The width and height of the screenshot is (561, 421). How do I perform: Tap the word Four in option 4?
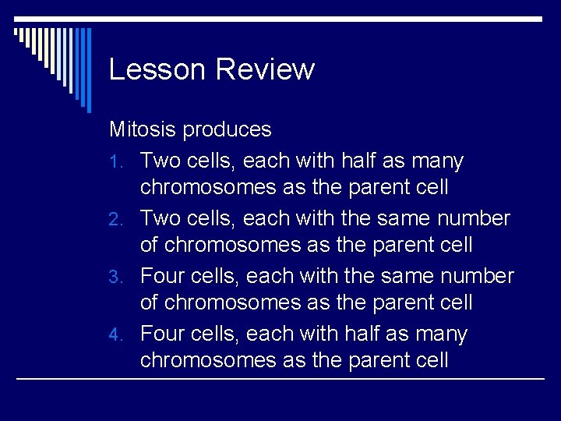pos(164,334)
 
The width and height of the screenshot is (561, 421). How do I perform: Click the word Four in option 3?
pos(164,277)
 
